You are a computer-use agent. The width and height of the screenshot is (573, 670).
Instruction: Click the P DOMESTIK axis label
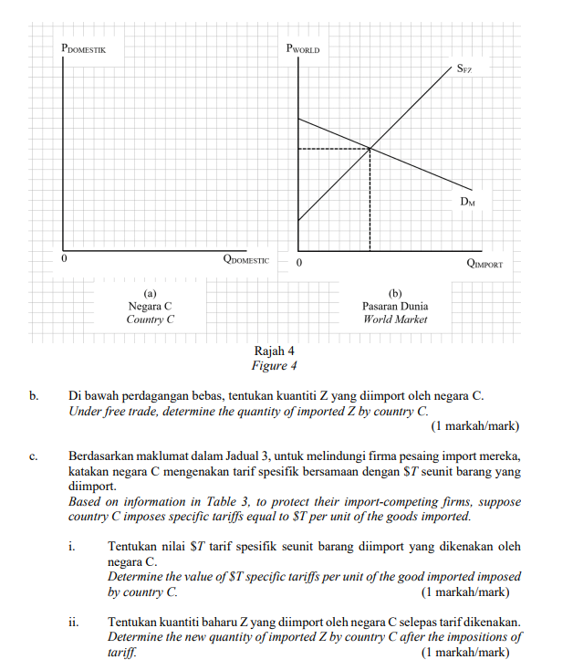click(84, 47)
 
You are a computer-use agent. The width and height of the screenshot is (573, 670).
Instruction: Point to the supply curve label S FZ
click(464, 69)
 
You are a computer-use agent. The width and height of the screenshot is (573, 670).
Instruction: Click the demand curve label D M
click(467, 201)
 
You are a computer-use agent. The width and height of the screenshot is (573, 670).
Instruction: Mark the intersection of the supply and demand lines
click(370, 148)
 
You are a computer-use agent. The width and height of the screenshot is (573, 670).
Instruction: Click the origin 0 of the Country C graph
click(63, 260)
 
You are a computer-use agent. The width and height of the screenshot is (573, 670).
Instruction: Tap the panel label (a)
click(150, 293)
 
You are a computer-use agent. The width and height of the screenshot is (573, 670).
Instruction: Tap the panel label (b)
click(394, 293)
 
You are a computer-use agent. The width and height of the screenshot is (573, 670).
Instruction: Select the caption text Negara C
click(150, 307)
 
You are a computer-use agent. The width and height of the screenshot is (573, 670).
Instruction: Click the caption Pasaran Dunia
click(394, 307)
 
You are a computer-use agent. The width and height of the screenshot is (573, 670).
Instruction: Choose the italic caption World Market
click(394, 319)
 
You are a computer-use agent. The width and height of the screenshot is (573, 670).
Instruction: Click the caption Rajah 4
click(275, 352)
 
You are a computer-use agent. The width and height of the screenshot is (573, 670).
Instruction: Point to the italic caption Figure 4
click(275, 366)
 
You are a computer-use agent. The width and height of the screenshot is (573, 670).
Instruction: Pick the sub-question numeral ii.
click(74, 623)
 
